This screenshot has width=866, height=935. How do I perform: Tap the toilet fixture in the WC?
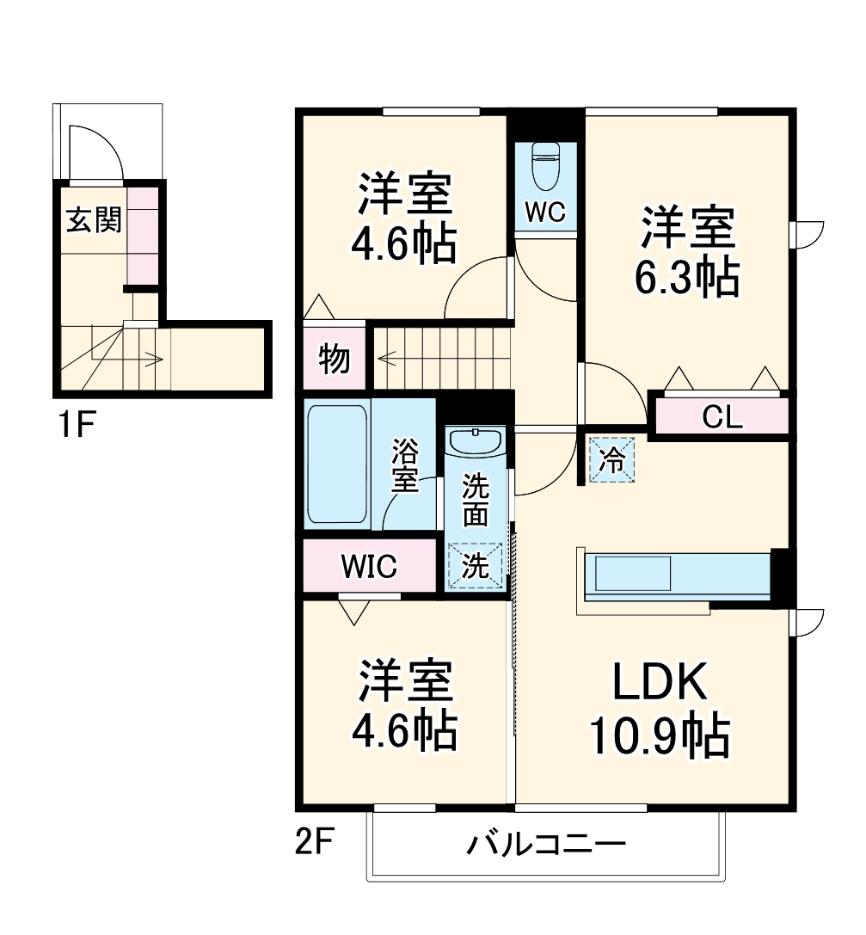point(546,167)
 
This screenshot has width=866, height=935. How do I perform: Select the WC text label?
point(546,213)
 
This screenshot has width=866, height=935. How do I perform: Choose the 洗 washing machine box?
point(475,566)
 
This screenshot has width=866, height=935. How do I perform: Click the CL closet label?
point(722,417)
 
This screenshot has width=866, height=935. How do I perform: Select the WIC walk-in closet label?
point(368,567)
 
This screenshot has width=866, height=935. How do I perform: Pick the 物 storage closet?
point(335,358)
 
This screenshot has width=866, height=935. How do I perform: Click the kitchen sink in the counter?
point(632,572)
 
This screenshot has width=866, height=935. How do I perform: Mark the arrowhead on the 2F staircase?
point(381,354)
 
